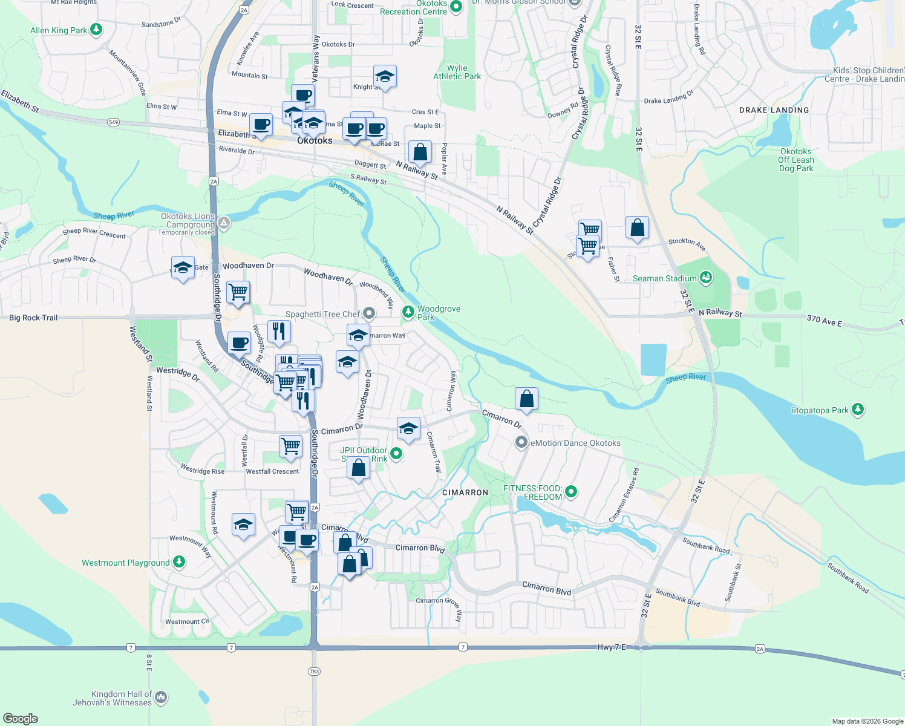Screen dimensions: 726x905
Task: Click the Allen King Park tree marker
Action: [x=96, y=30]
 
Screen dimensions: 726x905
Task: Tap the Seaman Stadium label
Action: [x=664, y=278]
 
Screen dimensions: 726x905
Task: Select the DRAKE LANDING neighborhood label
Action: [x=774, y=110]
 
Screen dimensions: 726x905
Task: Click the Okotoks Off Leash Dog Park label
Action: [x=796, y=160]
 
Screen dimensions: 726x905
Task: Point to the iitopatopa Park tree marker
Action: [x=857, y=410]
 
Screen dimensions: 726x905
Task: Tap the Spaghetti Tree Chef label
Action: [x=322, y=314]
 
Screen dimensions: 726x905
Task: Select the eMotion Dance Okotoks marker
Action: [x=521, y=443]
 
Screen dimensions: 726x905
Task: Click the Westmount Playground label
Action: [x=126, y=563]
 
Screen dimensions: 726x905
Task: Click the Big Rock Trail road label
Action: [x=33, y=318]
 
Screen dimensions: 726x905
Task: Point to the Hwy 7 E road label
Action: [x=612, y=647]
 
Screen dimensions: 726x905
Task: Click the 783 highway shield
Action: [x=314, y=672]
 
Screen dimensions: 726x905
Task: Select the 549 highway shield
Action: [x=114, y=122]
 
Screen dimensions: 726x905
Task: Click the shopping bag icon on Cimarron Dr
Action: [x=526, y=399]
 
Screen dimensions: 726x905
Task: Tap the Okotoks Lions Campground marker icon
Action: [x=224, y=223]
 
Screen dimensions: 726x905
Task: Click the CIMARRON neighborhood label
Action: [x=465, y=492]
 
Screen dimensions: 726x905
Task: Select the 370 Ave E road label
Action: [x=824, y=321]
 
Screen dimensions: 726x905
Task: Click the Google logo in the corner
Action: [x=20, y=718]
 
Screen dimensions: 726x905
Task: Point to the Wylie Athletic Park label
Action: [x=457, y=72]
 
